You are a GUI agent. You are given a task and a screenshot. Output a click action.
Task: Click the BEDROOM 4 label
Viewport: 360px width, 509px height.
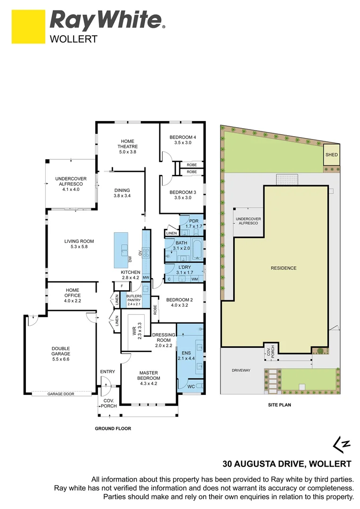coord(182,140)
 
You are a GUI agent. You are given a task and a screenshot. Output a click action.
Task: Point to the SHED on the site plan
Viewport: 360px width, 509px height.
coord(331,155)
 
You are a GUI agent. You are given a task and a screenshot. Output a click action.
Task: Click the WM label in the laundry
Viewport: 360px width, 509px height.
coord(194,279)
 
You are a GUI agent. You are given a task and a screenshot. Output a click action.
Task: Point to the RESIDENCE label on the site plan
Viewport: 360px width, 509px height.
coord(284,268)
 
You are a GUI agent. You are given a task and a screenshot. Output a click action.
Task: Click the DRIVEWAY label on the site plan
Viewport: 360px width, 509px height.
coord(241,370)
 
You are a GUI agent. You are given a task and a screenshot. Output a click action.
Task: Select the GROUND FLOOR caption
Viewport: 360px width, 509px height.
coord(113,428)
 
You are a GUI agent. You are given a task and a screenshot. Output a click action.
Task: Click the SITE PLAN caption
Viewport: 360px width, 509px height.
coord(280,404)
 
